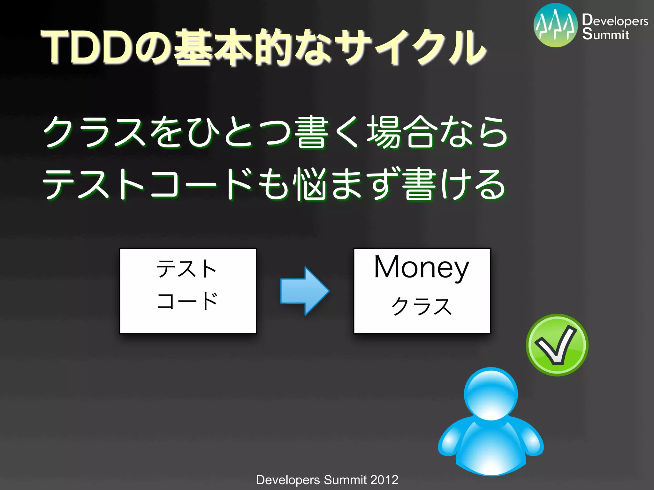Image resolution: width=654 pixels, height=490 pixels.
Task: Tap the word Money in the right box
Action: click(x=422, y=267)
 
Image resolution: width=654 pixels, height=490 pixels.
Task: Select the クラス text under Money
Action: click(x=422, y=306)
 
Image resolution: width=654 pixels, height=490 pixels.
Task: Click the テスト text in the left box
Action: click(x=187, y=269)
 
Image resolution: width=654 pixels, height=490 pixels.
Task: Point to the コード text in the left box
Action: click(x=187, y=301)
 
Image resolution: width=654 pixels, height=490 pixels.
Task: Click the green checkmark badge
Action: click(x=557, y=345)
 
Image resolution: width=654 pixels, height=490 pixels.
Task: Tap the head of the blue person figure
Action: click(x=491, y=394)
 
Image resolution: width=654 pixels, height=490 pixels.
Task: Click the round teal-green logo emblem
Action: click(x=555, y=25)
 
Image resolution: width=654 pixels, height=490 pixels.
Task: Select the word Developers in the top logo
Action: click(x=615, y=20)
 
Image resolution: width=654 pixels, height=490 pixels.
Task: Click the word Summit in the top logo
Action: click(x=605, y=34)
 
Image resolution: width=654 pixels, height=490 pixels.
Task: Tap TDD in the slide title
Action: click(x=88, y=47)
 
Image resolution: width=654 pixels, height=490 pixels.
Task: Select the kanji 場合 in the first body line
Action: click(x=402, y=132)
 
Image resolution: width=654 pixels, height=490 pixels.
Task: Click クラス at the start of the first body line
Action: click(x=94, y=132)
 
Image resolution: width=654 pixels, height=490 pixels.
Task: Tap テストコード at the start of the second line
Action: click(x=147, y=184)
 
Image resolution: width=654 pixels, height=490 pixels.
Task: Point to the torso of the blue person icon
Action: click(x=491, y=447)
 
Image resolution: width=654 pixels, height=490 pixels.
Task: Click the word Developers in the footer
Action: click(x=288, y=480)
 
